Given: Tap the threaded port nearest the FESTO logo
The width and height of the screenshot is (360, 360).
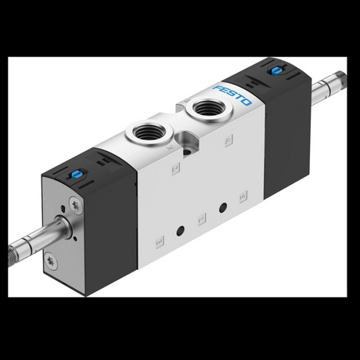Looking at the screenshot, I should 208,108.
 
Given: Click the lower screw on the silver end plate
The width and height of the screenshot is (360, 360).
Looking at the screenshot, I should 52,261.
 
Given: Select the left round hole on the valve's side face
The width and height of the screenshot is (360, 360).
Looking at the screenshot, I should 181,231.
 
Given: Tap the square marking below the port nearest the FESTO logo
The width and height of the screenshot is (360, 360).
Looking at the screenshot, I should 229,141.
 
